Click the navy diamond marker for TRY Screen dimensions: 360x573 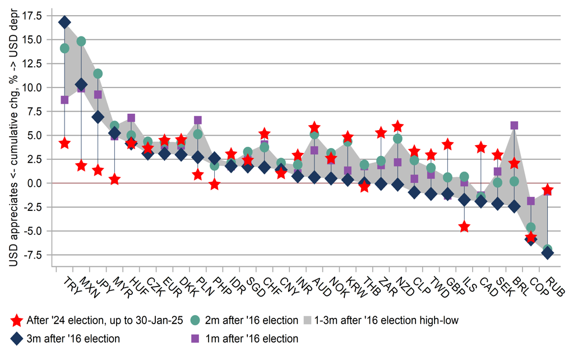point(64,22)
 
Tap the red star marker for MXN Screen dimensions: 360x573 point(81,165)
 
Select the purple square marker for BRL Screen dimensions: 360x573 point(514,125)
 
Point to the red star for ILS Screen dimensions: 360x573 point(464,227)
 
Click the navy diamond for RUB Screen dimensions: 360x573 point(548,252)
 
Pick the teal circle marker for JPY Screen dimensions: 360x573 point(98,73)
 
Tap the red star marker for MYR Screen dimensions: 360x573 point(114,179)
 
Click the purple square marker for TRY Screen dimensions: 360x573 point(64,100)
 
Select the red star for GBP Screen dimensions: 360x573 point(447,145)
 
